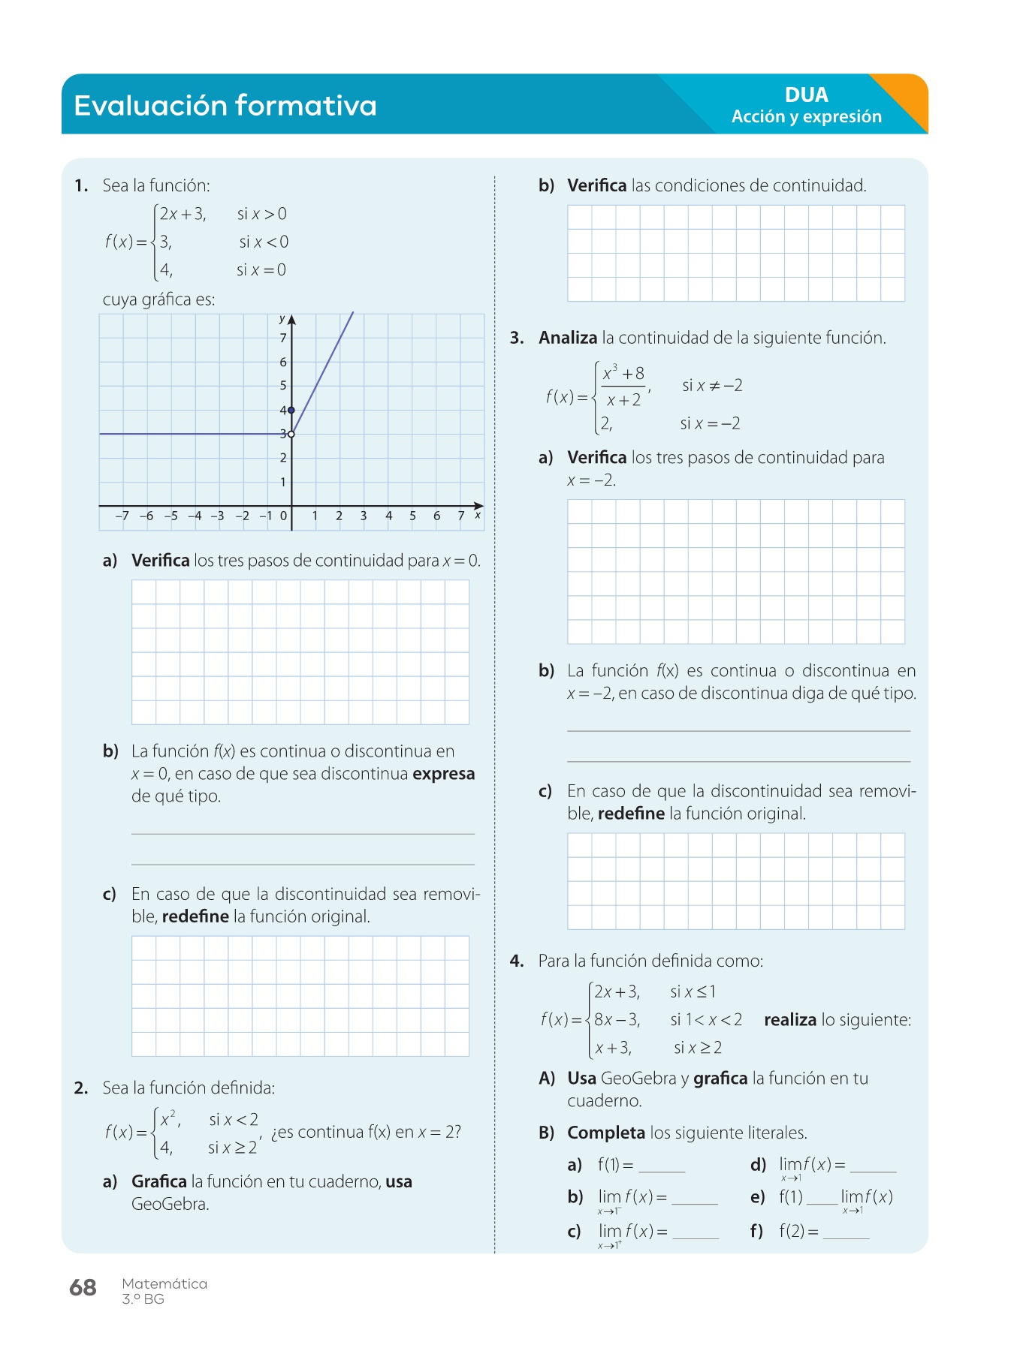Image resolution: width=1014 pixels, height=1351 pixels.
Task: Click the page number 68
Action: (83, 1288)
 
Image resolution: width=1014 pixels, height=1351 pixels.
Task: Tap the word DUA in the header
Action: (806, 95)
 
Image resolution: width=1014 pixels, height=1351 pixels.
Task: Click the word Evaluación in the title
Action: (150, 106)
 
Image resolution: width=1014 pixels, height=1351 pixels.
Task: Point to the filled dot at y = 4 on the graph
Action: (291, 410)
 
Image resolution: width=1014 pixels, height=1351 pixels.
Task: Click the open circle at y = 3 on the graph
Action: (291, 434)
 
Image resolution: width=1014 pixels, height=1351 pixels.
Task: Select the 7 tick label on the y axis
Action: (283, 339)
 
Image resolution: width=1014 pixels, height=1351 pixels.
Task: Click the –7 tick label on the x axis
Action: (122, 516)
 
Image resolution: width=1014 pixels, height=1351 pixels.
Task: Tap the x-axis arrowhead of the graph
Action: (478, 506)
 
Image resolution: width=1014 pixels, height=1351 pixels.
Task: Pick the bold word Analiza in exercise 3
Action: (568, 338)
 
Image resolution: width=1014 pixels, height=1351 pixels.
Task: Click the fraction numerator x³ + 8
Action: (623, 374)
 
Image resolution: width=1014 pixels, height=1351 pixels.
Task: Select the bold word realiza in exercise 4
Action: (789, 1020)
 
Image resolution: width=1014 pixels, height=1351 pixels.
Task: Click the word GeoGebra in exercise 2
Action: (170, 1204)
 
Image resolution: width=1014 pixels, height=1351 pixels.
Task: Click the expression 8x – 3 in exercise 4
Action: (617, 1020)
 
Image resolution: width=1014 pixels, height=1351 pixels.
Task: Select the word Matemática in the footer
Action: (164, 1283)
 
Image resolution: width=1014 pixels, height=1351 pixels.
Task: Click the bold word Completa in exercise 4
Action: (606, 1133)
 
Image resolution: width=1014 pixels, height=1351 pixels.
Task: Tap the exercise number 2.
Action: (80, 1088)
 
